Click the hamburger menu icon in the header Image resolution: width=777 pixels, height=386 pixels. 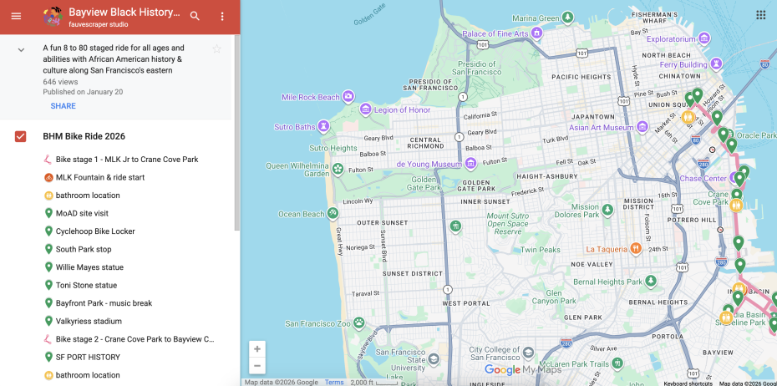coord(16,16)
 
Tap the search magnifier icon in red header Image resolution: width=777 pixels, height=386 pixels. coord(195,16)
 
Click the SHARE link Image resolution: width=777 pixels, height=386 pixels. coord(63,106)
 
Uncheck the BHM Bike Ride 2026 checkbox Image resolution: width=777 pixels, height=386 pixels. coord(21,136)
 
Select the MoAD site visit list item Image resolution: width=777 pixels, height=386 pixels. coord(82,213)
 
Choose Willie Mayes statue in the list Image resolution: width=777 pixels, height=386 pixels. coord(89,267)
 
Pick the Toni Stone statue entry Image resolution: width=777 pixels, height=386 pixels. coord(86,285)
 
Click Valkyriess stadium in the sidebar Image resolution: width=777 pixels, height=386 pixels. coord(89,321)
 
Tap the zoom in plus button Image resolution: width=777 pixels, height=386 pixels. coord(257,348)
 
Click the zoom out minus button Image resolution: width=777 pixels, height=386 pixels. coord(257,366)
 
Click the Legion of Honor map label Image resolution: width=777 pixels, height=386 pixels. coord(402,109)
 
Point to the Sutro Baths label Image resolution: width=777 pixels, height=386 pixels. coord(294,127)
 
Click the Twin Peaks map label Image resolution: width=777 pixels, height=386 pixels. coord(541,249)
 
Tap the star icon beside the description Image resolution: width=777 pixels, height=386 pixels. coord(217,49)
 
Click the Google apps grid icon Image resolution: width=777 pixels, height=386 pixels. coord(760,14)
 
